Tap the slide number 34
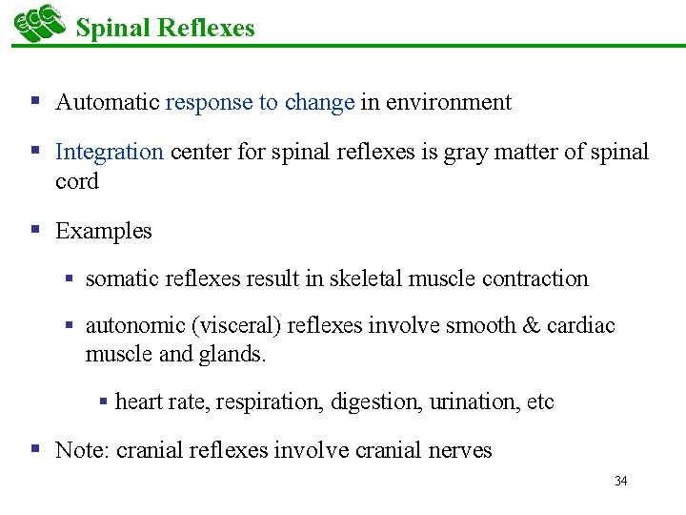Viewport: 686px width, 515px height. coord(621,481)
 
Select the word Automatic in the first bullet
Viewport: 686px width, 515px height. coord(108,102)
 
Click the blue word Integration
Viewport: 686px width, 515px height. coord(110,152)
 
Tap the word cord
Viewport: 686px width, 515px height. coord(77,181)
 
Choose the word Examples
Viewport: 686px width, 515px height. coord(104,231)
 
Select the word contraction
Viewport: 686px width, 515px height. coord(535,278)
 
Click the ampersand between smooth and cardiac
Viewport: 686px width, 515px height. coord(532,325)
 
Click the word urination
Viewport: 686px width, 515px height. coord(474,402)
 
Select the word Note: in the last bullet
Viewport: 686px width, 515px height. coord(83,450)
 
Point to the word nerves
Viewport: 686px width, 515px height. coord(460,450)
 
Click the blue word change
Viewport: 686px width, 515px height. coord(319,102)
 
